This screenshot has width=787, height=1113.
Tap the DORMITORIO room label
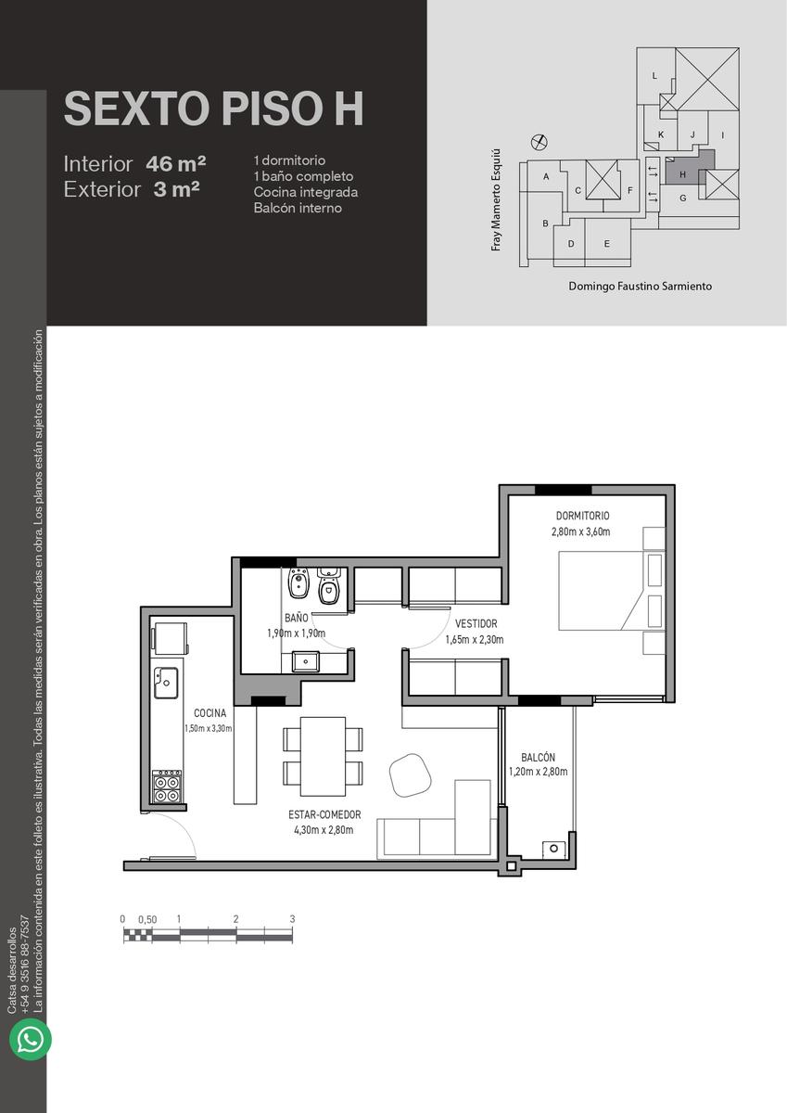[x=582, y=516]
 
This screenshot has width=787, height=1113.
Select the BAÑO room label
[x=297, y=617]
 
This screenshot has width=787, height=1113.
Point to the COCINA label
[x=210, y=713]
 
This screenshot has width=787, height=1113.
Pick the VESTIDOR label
[x=476, y=623]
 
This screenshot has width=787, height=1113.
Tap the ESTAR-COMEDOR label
[x=324, y=828]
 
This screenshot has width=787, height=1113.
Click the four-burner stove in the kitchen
[x=167, y=787]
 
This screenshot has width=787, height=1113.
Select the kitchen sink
[x=165, y=683]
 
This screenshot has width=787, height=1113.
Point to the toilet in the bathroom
[x=328, y=585]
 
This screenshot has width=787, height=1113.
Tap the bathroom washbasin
[x=305, y=662]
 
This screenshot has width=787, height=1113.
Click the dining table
[x=323, y=756]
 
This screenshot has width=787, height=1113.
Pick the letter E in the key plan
[x=607, y=244]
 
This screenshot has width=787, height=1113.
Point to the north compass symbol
[x=539, y=143]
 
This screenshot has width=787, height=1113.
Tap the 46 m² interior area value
[x=176, y=164]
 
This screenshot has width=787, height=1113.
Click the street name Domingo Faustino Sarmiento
[x=640, y=287]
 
